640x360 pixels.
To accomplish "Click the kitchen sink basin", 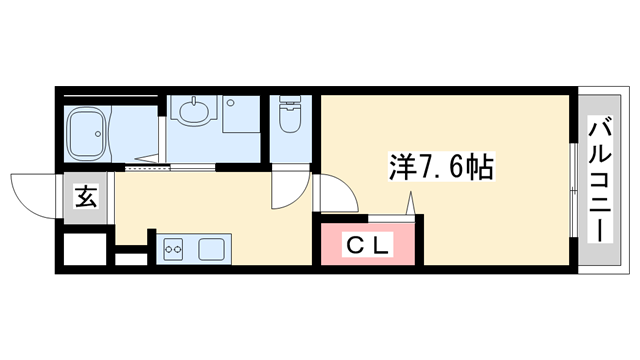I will (213, 247).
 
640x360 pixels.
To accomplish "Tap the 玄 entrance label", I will (86, 197).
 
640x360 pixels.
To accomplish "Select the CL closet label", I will (369, 243).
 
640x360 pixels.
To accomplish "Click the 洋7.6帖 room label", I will (440, 166).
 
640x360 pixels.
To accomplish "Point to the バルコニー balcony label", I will (599, 180).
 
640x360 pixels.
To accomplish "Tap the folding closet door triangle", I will (411, 205).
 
